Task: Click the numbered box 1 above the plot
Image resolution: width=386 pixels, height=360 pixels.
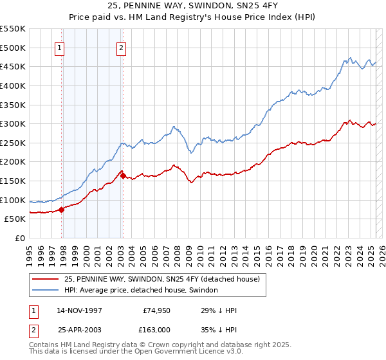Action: click(x=59, y=47)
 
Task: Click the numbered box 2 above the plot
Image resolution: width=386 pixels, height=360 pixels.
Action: click(x=121, y=47)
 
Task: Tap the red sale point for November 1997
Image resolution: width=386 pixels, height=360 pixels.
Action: click(x=62, y=209)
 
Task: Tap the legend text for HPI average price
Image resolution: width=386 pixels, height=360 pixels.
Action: click(x=141, y=291)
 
